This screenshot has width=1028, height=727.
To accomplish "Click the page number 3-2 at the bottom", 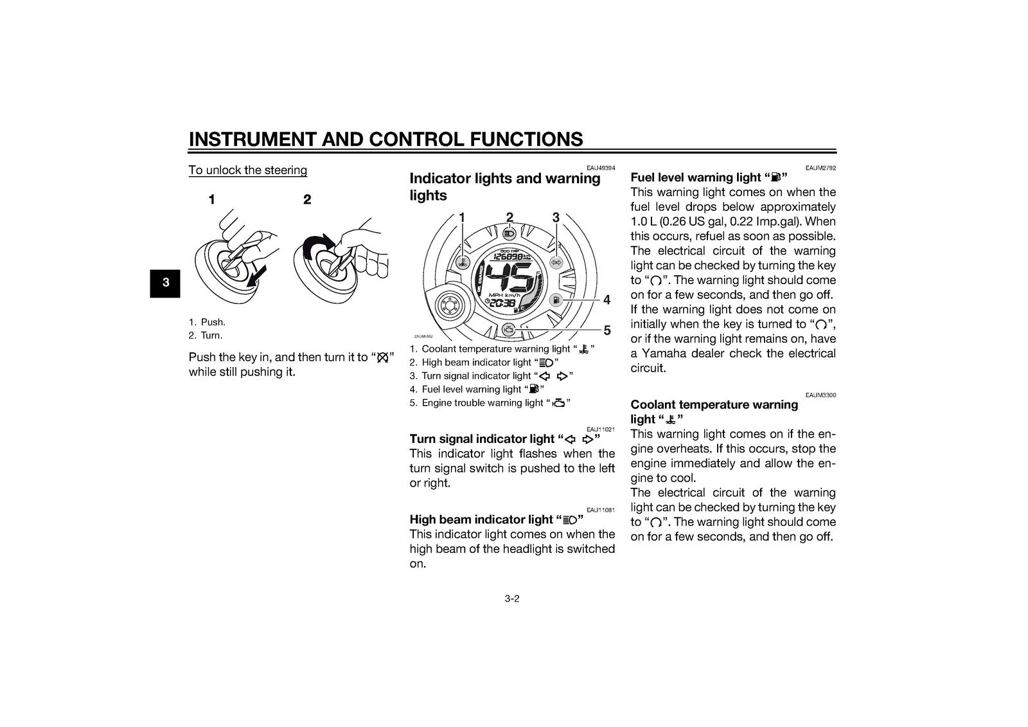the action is tap(511, 599).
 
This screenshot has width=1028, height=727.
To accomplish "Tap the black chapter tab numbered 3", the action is tap(165, 283).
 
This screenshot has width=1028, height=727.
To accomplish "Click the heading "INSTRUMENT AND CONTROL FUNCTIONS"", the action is tap(385, 139).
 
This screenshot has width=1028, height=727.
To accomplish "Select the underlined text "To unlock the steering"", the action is tap(248, 170).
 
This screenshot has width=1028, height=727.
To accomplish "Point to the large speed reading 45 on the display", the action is tap(510, 278).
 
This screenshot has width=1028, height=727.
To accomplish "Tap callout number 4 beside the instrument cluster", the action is tap(607, 300).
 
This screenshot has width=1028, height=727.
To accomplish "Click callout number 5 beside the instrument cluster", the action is tap(607, 330).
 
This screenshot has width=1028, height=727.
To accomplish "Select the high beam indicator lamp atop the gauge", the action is tap(510, 234).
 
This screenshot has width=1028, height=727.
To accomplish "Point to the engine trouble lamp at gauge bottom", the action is tap(508, 329).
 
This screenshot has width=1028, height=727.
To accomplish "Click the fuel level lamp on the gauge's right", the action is tap(556, 300).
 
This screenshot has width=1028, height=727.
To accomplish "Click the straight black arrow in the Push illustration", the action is tap(256, 278).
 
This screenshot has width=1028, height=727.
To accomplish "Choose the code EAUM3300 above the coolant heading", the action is tap(820, 395).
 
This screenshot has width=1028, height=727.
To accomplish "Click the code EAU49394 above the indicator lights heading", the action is tap(601, 168).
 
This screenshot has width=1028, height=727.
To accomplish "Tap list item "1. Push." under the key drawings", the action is tap(207, 322).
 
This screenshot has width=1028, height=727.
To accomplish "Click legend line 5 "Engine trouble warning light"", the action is tap(490, 403).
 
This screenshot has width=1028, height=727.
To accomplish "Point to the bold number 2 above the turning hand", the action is tap(307, 199).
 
